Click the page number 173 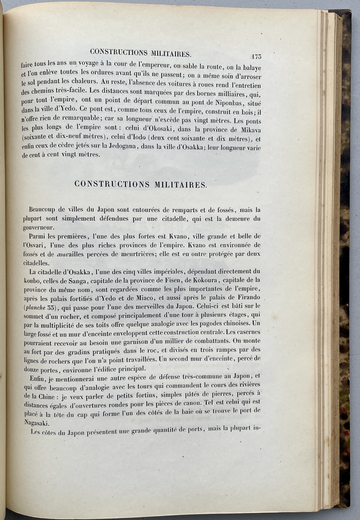[x=256, y=56]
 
